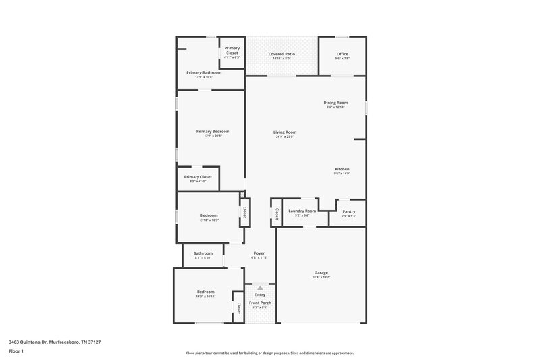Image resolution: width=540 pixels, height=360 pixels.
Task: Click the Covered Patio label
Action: (x=281, y=53)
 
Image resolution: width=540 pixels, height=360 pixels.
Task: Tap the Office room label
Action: (x=342, y=53)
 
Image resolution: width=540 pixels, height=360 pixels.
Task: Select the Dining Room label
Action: (x=336, y=103)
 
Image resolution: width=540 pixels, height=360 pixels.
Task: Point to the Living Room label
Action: (x=285, y=132)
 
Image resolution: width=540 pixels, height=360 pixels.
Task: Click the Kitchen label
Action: (x=342, y=169)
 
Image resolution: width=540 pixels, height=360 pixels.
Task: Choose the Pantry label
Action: (x=348, y=211)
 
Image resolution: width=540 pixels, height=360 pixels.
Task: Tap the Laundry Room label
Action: (x=302, y=211)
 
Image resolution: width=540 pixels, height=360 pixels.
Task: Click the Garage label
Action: (x=321, y=272)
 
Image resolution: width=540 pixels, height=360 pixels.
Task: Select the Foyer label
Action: (x=259, y=253)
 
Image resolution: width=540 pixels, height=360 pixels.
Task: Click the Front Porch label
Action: (x=260, y=303)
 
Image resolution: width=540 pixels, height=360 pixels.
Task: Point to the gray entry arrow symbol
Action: (x=260, y=288)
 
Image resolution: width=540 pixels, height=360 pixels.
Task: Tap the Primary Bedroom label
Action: (x=213, y=131)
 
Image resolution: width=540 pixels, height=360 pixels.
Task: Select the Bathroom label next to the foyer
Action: (x=203, y=253)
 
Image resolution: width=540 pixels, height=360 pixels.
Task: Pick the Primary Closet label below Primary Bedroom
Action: (x=198, y=177)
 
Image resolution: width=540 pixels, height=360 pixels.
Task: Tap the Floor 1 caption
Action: (x=17, y=352)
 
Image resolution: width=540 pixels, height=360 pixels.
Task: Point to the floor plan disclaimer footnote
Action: (x=269, y=353)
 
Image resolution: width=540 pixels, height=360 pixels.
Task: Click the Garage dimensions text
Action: (x=321, y=277)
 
